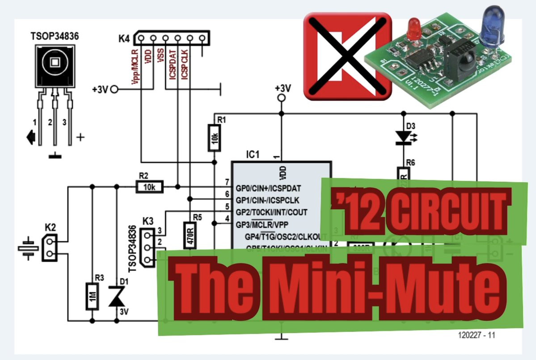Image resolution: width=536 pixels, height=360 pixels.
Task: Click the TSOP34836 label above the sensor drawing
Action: pyautogui.click(x=55, y=36)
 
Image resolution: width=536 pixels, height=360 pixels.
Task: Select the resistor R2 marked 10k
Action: pyautogui.click(x=149, y=187)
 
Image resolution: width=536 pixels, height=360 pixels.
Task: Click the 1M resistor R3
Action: pyautogui.click(x=92, y=296)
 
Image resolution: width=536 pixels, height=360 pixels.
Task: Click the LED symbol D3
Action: pyautogui.click(x=403, y=138)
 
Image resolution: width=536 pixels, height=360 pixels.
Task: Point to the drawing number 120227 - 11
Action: pyautogui.click(x=476, y=335)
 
